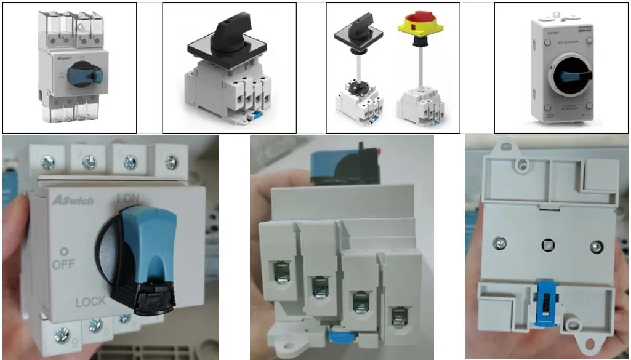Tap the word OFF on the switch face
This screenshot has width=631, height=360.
[x=63, y=265]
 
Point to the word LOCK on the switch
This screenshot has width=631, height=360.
[x=91, y=302]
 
